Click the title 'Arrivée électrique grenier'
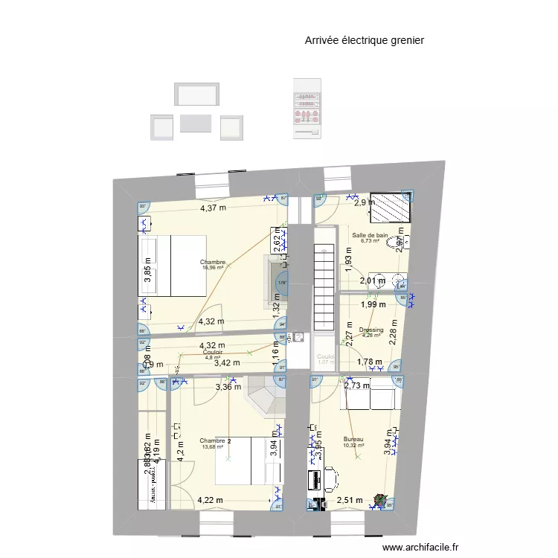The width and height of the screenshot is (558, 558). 364,41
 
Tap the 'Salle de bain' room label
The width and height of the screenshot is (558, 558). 370,234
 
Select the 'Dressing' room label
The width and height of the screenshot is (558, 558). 371,330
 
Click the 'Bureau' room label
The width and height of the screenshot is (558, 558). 353,440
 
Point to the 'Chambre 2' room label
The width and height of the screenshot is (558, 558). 215,441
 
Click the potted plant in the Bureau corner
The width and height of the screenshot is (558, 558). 381,502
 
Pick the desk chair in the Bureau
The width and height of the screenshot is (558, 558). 329,475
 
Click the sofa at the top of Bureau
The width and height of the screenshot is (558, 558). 367,398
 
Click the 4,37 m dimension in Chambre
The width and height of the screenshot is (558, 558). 214,208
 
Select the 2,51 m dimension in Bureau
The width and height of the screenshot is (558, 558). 349,501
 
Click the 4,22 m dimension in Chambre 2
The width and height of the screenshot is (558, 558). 211,500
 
